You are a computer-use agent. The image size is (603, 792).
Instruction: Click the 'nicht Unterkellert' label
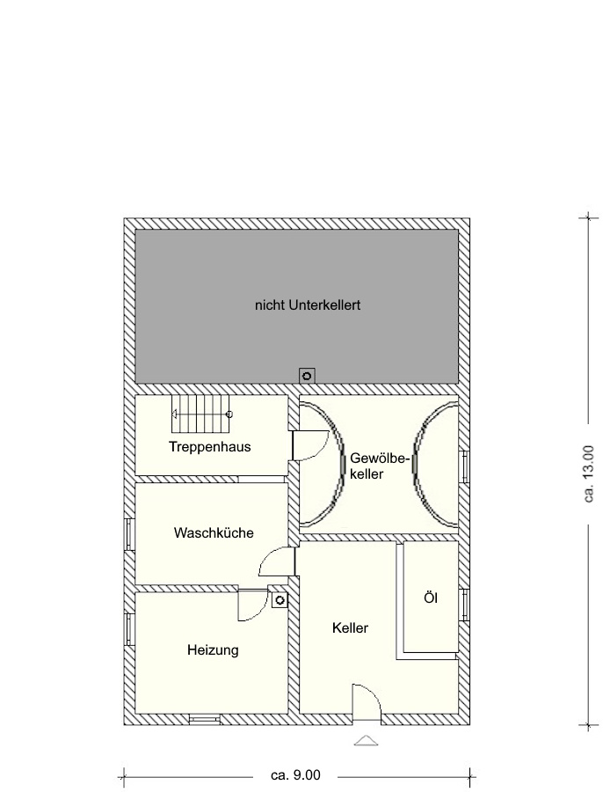pyautogui.click(x=308, y=305)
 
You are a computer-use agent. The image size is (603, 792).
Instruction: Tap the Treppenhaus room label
pyautogui.click(x=210, y=447)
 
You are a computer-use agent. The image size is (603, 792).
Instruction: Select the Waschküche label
pyautogui.click(x=214, y=533)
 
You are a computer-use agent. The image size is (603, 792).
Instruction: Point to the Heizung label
pyautogui.click(x=213, y=649)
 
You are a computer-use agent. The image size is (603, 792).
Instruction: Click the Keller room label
pyautogui.click(x=350, y=627)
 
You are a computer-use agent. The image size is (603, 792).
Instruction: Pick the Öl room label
pyautogui.click(x=431, y=598)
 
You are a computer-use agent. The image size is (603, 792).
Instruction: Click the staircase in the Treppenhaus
pyautogui.click(x=200, y=414)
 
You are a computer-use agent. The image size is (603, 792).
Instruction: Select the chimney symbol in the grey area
pyautogui.click(x=307, y=375)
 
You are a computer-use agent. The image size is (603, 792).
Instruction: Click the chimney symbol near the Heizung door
pyautogui.click(x=280, y=600)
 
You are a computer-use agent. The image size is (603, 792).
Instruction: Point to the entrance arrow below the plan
pyautogui.click(x=366, y=741)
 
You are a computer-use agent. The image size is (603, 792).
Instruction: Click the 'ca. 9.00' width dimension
pyautogui.click(x=295, y=774)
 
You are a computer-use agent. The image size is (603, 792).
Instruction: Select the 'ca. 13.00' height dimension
pyautogui.click(x=588, y=473)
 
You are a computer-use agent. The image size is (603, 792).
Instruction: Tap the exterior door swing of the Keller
pyautogui.click(x=367, y=702)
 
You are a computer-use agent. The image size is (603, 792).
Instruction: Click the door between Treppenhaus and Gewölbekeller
pyautogui.click(x=309, y=445)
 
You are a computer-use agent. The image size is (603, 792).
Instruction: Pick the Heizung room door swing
pyautogui.click(x=253, y=605)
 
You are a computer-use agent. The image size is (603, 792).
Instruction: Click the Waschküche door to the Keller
pyautogui.click(x=277, y=561)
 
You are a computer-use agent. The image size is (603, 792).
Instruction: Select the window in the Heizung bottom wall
pyautogui.click(x=205, y=720)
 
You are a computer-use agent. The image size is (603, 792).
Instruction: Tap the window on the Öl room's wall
pyautogui.click(x=464, y=605)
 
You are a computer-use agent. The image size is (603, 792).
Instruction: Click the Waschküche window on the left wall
pyautogui.click(x=129, y=534)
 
